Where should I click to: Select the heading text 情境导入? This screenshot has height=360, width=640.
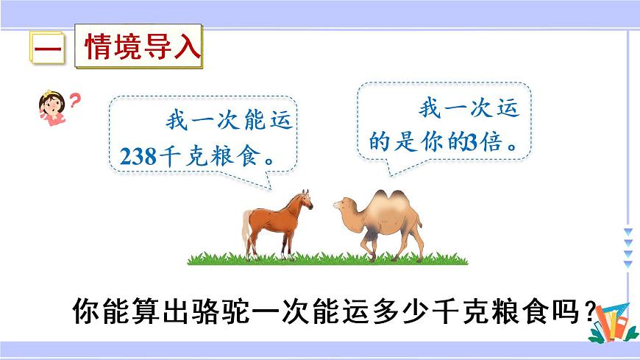tap(141, 49)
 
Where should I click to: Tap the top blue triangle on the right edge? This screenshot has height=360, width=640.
tap(627, 233)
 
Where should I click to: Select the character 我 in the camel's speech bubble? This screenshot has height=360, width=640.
tap(431, 110)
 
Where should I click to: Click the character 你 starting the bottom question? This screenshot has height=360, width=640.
tap(86, 312)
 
